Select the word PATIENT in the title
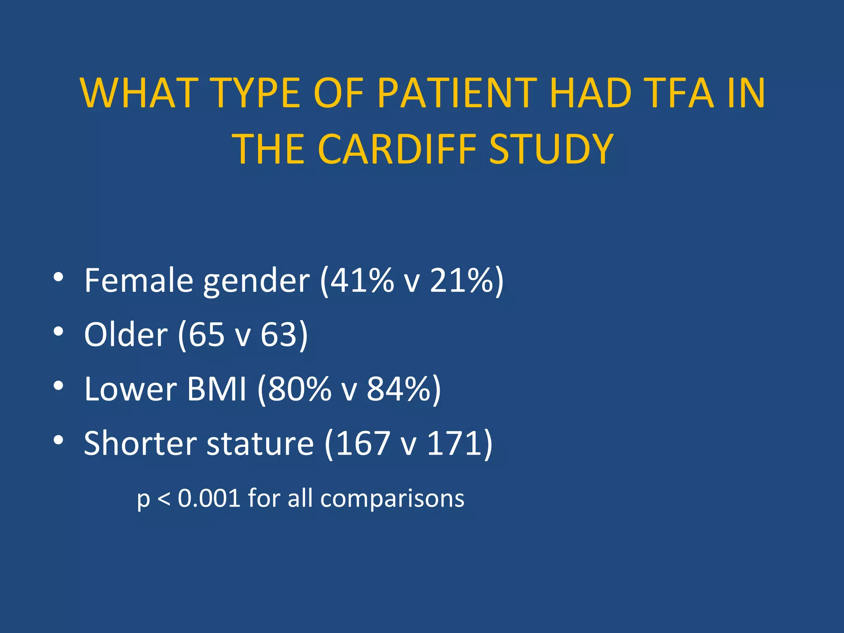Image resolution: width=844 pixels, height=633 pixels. (457, 94)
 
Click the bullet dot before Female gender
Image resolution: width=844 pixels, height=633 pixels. (58, 277)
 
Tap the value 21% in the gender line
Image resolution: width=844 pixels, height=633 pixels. (461, 281)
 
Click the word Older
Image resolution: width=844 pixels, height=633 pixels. (126, 334)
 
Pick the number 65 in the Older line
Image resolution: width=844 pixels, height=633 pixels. (206, 334)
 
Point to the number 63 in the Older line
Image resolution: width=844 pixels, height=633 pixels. (279, 334)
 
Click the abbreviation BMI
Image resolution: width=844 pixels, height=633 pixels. (217, 389)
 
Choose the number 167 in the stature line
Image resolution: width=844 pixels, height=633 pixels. (363, 443)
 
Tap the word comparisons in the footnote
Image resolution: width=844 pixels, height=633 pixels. (392, 499)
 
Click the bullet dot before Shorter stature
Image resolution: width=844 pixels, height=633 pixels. (58, 440)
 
